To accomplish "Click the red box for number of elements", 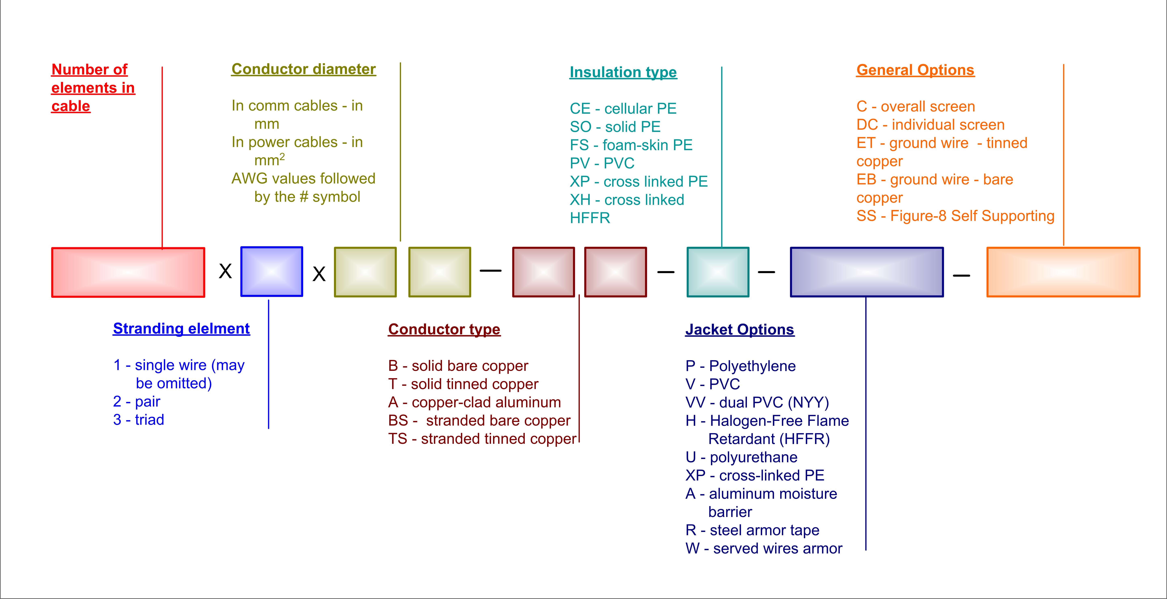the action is [x=128, y=272].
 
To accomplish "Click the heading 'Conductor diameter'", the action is [x=304, y=69].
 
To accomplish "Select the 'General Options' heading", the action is [x=915, y=70].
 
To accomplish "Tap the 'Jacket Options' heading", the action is [x=740, y=329].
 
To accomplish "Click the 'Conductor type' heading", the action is [x=444, y=329].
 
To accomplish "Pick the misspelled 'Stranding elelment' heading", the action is [x=181, y=328].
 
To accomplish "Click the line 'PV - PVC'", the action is [x=602, y=163].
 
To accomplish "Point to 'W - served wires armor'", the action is [x=764, y=548].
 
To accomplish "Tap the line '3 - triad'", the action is [x=139, y=420].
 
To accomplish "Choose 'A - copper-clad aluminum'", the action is [x=474, y=402].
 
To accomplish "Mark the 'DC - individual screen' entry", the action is [x=931, y=125].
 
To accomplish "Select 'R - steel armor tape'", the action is [x=752, y=530].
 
